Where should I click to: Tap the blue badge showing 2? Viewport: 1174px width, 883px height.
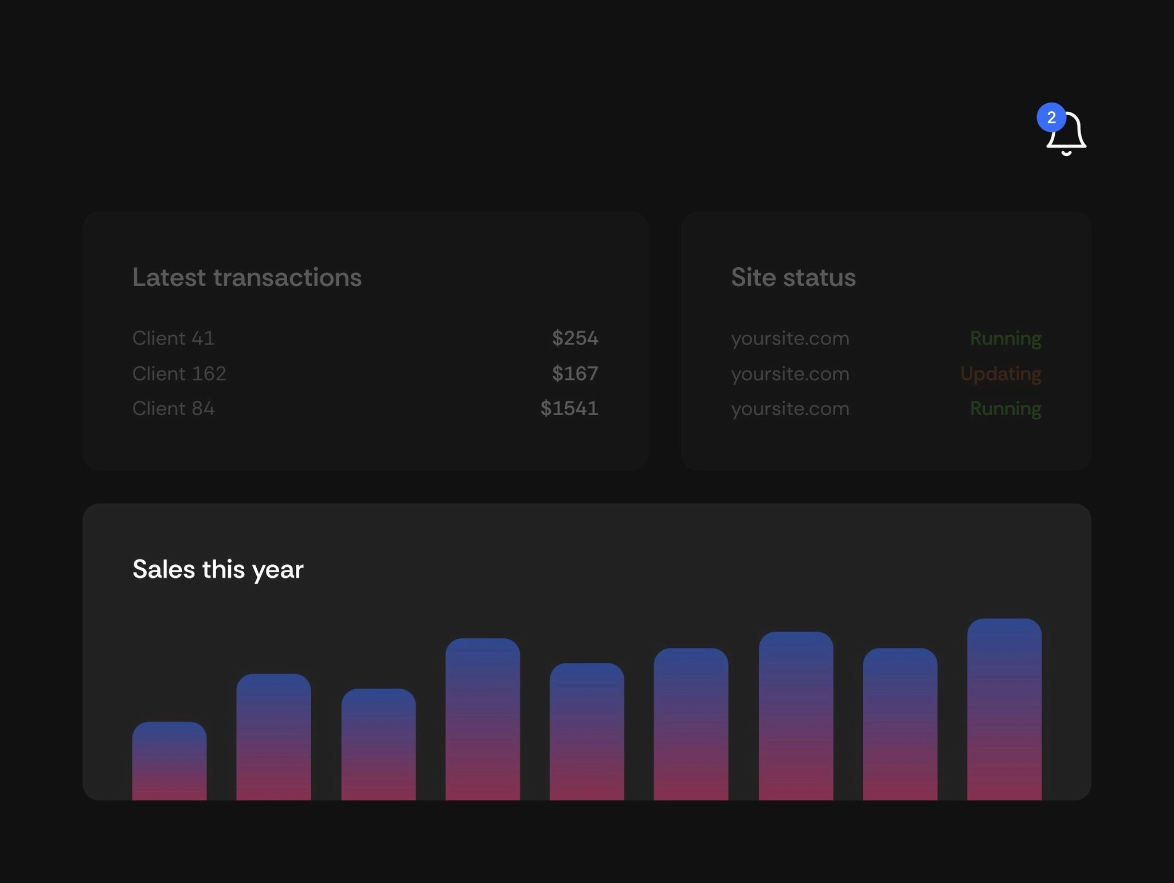tap(1051, 118)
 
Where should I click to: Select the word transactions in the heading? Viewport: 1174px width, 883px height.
tap(287, 278)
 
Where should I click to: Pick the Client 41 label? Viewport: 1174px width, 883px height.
tap(173, 338)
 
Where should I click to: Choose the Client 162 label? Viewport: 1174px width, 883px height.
tap(179, 374)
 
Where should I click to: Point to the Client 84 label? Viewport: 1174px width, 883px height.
tap(173, 409)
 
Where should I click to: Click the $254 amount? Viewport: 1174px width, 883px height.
tap(574, 338)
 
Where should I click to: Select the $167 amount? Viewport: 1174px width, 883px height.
tap(574, 374)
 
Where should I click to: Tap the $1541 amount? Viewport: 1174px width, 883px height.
tap(569, 409)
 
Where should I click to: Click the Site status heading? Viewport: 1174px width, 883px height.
tap(793, 278)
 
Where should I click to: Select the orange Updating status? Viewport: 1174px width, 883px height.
tap(1000, 374)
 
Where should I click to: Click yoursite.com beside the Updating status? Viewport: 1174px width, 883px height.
tap(790, 374)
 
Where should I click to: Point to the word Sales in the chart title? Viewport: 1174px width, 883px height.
tap(163, 569)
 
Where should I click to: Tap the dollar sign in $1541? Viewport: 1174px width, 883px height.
tap(546, 409)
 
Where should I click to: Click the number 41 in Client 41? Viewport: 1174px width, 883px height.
tap(203, 338)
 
